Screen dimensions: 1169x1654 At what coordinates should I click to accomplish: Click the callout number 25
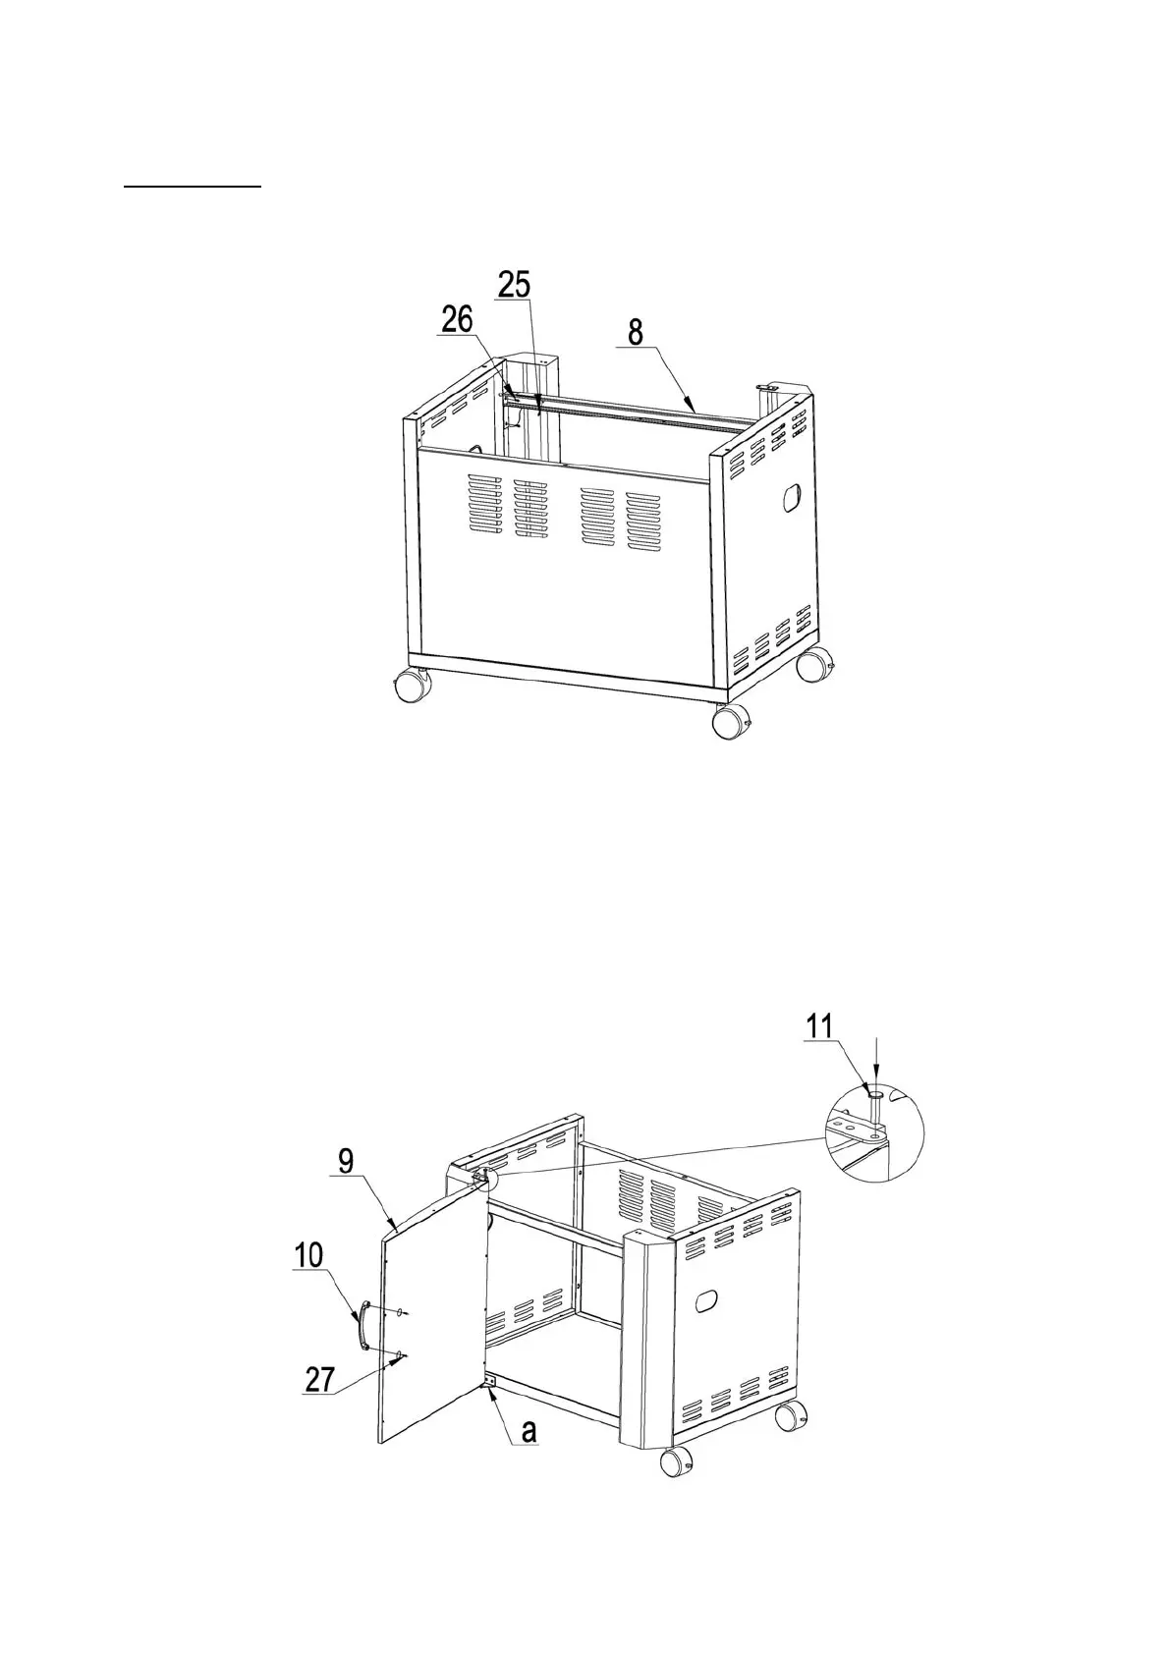coord(514,285)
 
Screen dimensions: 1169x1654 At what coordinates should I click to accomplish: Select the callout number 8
coord(636,332)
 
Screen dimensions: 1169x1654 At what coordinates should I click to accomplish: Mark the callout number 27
coord(320,1380)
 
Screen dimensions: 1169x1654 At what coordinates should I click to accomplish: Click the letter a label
coord(529,1431)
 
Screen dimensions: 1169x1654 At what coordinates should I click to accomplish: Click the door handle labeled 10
coord(362,1327)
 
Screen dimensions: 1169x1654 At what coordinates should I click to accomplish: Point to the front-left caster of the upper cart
coord(411,684)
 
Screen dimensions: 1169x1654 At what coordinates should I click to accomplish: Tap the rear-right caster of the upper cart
coord(812,665)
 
